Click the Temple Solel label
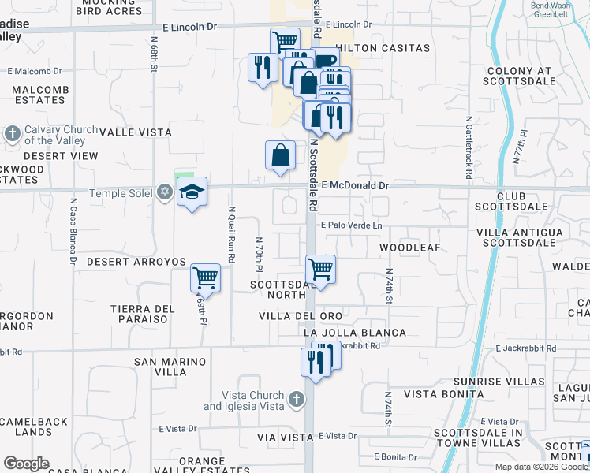[123, 193]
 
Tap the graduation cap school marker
[192, 192]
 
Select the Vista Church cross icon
[296, 400]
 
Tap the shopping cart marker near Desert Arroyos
[205, 277]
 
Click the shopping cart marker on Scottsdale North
[320, 270]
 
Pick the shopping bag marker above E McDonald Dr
[281, 156]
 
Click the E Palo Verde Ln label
[351, 225]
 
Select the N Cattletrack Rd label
[469, 148]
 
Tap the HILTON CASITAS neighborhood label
[385, 48]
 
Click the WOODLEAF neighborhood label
[409, 248]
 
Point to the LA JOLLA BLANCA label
[355, 333]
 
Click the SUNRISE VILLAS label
[505, 381]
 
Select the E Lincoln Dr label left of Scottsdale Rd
[189, 27]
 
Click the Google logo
[26, 464]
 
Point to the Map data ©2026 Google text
[540, 467]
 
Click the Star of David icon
[164, 192]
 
